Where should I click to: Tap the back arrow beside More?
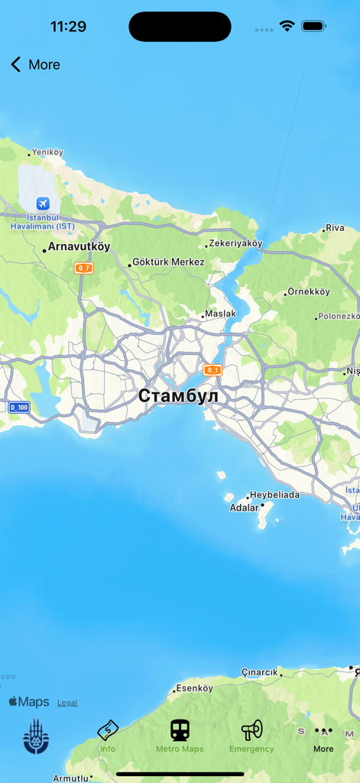[x=15, y=65]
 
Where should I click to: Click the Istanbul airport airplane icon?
[x=43, y=203]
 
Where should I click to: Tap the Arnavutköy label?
[x=79, y=247]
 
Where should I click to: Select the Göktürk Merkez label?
[x=168, y=262]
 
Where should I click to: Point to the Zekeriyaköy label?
[x=235, y=244]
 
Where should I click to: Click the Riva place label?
[x=335, y=228]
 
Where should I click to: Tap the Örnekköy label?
[x=309, y=292]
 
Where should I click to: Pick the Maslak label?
[x=220, y=314]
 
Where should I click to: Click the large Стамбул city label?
[x=178, y=396]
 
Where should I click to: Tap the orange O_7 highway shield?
[x=83, y=268]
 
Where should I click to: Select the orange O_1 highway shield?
[x=212, y=370]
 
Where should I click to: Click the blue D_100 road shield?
[x=19, y=408]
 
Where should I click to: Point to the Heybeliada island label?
[x=274, y=495]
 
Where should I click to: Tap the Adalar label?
[x=244, y=508]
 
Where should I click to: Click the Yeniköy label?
[x=47, y=153]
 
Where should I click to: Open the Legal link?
[x=67, y=703]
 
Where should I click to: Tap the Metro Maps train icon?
[x=180, y=730]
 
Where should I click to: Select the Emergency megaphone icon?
[x=251, y=730]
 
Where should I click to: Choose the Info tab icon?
[x=108, y=730]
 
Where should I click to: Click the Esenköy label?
[x=194, y=688]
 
